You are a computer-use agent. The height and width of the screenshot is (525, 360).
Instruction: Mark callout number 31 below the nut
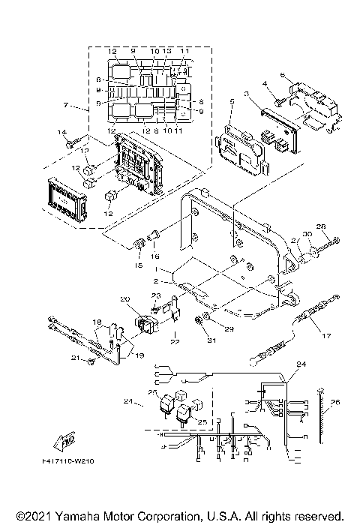point(199,342)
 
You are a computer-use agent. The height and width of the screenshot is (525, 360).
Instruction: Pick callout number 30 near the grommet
point(307,234)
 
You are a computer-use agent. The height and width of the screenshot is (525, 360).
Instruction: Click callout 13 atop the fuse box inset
point(167,50)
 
